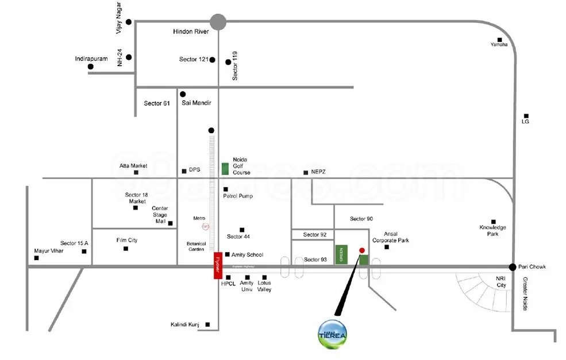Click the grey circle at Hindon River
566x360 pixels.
218,22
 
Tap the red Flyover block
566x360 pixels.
218,266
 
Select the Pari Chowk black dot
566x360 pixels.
513,267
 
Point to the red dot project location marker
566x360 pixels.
361,250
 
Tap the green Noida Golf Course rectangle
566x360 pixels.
225,169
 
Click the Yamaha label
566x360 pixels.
499,45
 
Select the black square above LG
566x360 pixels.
525,114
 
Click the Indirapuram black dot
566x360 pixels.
91,67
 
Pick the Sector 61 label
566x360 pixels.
157,103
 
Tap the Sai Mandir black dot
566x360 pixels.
183,94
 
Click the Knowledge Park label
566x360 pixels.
493,231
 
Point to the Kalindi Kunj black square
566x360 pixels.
207,325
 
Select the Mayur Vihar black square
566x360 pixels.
37,258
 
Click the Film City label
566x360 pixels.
127,240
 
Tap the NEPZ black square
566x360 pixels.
305,172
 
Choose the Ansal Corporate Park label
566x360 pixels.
390,237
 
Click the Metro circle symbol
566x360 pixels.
206,226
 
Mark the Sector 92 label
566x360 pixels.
315,234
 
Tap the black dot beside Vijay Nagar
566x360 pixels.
129,22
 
